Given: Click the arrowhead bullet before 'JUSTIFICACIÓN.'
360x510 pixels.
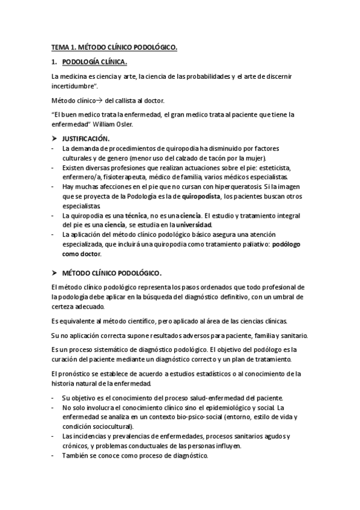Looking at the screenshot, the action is [54, 139].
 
